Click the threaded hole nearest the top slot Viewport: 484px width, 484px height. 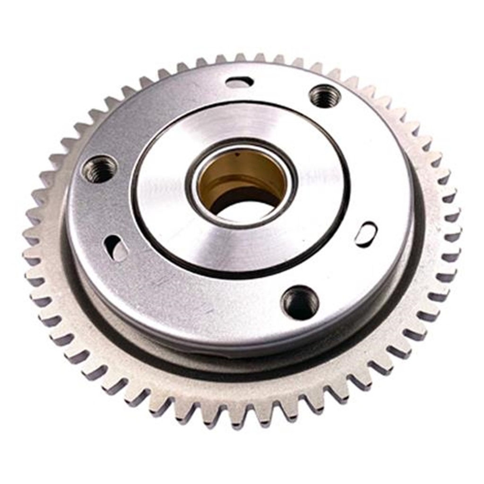[325, 97]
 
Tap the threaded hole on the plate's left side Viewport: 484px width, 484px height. [99, 169]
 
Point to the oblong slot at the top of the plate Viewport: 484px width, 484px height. [239, 82]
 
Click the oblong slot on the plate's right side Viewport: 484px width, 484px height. [366, 234]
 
